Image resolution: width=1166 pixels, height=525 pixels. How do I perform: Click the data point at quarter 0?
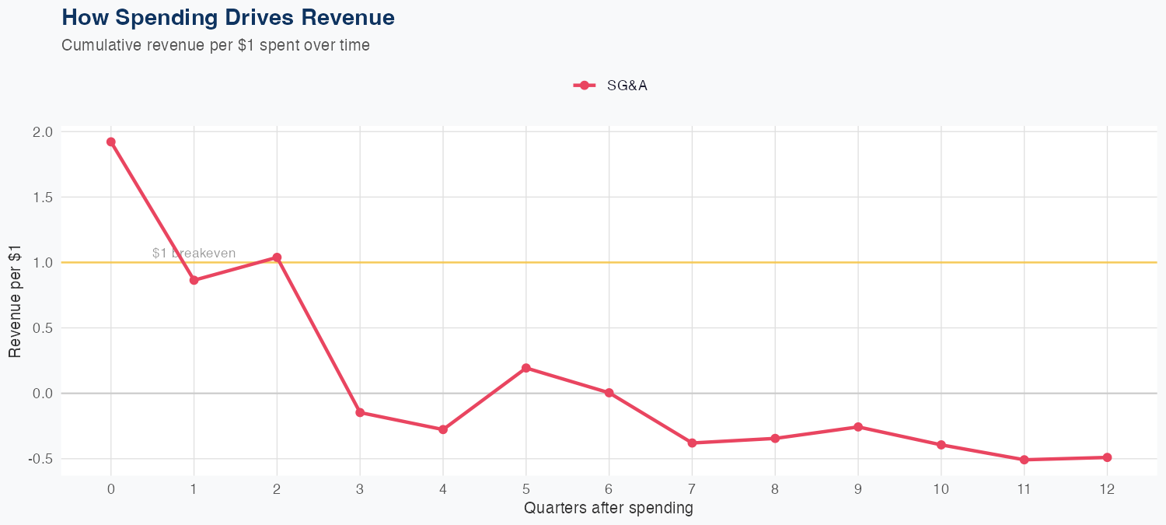(111, 142)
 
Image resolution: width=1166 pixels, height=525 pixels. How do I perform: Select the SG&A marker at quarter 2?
(277, 257)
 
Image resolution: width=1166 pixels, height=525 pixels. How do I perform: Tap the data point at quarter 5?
(526, 368)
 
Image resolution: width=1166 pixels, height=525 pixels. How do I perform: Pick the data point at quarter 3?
(360, 412)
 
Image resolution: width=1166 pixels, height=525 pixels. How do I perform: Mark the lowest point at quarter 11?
(1024, 460)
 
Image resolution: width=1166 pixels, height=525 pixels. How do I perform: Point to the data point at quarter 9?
(858, 427)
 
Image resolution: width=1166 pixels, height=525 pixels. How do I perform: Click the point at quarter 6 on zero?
(609, 393)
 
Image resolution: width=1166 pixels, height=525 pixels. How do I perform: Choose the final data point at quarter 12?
(1107, 457)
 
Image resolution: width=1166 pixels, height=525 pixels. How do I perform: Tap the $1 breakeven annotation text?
(194, 254)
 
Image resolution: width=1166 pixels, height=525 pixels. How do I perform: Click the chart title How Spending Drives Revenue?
(228, 17)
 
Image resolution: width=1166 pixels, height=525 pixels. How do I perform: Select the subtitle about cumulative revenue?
(215, 45)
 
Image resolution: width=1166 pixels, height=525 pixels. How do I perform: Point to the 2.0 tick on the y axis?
(43, 132)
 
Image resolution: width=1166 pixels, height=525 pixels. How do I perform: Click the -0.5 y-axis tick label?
(40, 459)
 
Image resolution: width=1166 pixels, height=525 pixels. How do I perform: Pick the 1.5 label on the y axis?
(43, 198)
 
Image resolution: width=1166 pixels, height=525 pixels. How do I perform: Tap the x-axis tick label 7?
(692, 489)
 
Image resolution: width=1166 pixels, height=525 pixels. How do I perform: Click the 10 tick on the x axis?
(941, 489)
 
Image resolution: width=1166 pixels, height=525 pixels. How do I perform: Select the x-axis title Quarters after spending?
(608, 509)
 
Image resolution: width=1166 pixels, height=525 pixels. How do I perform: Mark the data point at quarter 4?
(443, 429)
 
